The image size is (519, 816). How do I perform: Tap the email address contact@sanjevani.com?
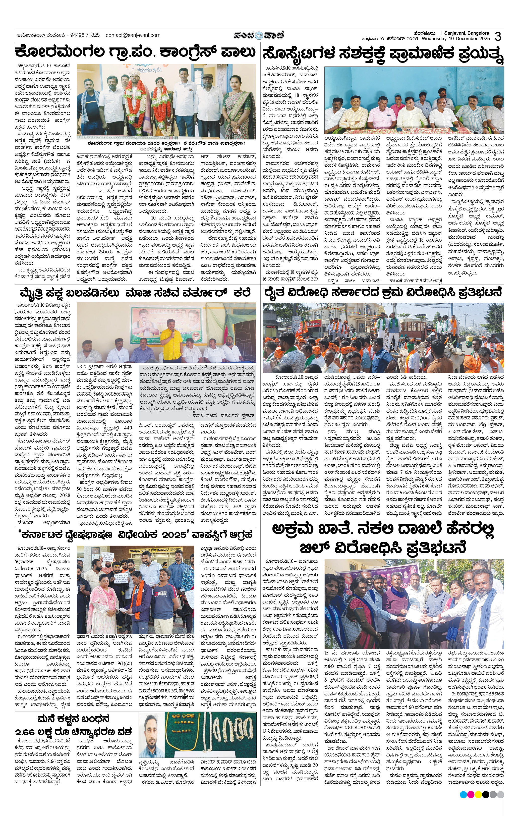[x=133, y=35]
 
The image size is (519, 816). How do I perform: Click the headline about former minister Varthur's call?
[x=135, y=292]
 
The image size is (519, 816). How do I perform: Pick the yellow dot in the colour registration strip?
[x=478, y=795]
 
